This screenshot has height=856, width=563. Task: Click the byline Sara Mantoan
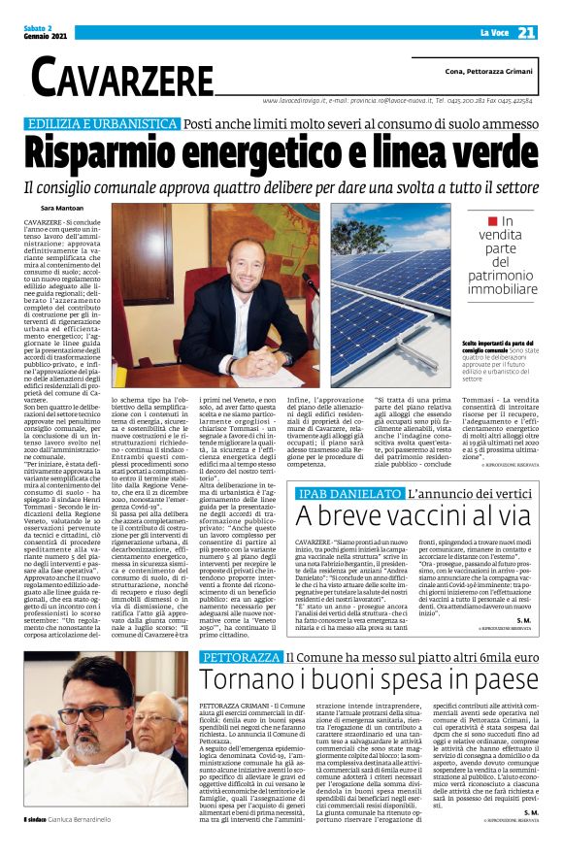[63, 209]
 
